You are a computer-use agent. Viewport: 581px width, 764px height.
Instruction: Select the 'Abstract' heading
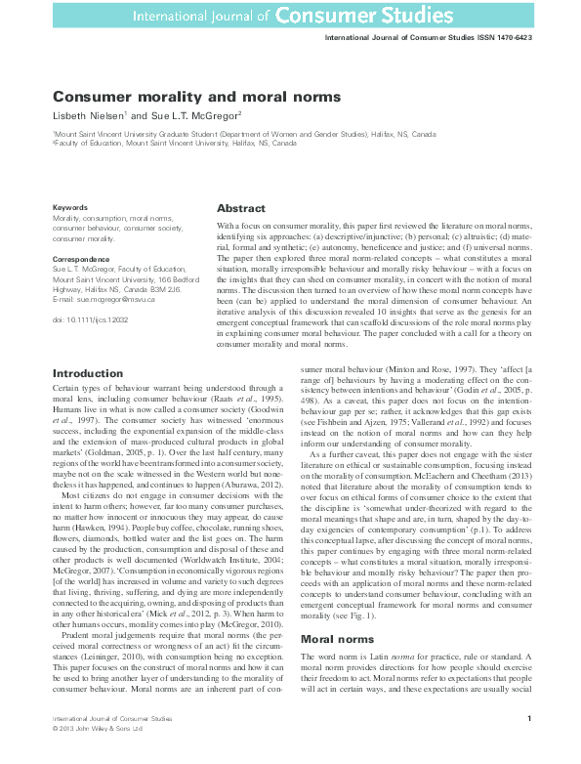point(240,209)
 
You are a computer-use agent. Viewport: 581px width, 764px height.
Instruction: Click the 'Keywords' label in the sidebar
point(70,207)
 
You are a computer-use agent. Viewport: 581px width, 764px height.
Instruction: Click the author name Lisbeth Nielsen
point(89,115)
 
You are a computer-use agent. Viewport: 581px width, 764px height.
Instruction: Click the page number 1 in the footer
point(528,719)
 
